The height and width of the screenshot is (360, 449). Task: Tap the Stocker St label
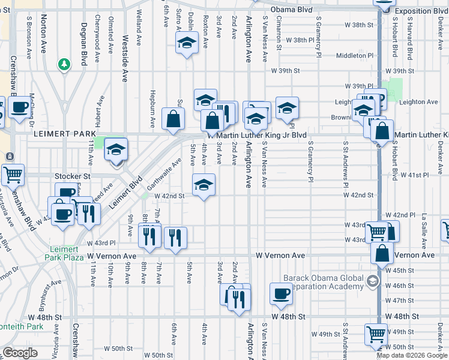coord(72,176)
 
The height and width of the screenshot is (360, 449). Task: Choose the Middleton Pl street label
coord(355,55)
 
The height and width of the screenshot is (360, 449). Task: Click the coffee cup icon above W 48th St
coord(281,293)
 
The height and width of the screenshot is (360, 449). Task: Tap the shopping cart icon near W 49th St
coord(376,334)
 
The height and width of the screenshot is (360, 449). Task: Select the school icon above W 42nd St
coord(203,184)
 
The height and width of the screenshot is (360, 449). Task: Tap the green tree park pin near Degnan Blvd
coord(64,64)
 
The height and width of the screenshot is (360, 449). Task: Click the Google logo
coord(20,353)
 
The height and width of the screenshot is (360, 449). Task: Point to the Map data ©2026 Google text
coord(412,355)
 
